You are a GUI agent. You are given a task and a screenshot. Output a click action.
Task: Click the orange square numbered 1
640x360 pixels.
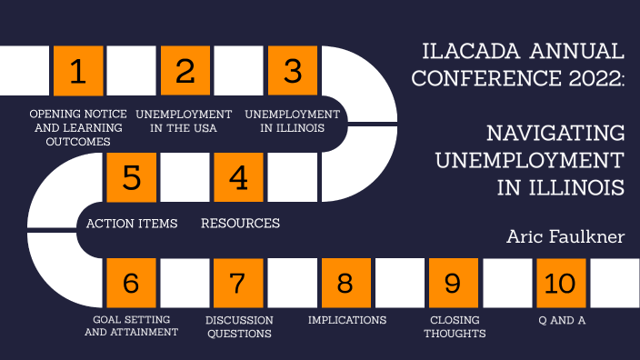(78, 71)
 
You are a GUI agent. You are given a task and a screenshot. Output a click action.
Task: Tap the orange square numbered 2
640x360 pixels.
(185, 71)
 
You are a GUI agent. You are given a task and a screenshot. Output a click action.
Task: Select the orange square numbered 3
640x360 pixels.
(292, 71)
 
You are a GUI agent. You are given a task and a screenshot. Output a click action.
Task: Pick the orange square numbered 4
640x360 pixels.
(238, 177)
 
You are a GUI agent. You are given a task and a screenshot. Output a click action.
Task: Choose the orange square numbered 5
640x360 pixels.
(132, 177)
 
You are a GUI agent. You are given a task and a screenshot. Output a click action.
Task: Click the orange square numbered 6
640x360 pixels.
(132, 283)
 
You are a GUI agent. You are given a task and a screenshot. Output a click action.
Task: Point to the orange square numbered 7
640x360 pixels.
(238, 283)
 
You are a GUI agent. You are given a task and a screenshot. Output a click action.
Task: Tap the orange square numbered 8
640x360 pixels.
(345, 283)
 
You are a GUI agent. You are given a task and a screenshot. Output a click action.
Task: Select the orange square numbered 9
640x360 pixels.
(452, 283)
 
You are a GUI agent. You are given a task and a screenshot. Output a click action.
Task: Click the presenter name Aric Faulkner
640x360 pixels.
(565, 236)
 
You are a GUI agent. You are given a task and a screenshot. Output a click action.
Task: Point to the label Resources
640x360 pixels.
(240, 223)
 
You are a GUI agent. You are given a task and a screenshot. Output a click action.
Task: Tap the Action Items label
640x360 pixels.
(132, 223)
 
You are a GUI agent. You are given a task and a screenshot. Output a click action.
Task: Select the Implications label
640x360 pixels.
(347, 320)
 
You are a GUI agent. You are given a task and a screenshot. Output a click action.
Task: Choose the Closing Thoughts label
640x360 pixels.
(456, 326)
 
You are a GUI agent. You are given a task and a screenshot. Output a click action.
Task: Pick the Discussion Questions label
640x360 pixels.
(239, 326)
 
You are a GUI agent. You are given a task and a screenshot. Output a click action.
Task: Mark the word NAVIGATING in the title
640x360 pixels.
(555, 134)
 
